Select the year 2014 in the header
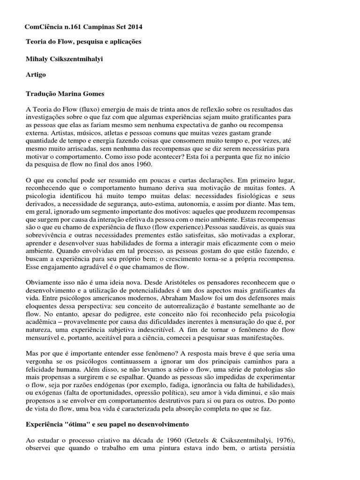(135, 27)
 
